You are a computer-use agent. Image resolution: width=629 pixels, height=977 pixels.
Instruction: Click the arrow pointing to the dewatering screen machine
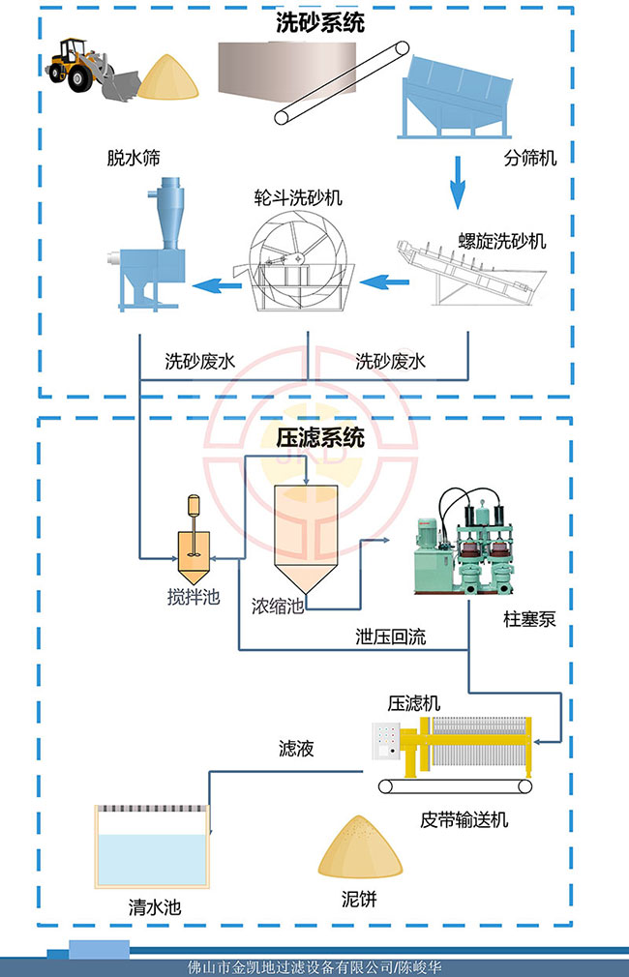[217, 283]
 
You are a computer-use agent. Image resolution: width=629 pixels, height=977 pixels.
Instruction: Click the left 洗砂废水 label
[199, 363]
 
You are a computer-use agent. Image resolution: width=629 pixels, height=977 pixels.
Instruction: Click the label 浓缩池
[279, 607]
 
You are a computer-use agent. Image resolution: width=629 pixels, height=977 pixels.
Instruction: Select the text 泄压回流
[390, 637]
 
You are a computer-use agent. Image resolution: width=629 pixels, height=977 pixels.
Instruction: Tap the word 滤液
[295, 748]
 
